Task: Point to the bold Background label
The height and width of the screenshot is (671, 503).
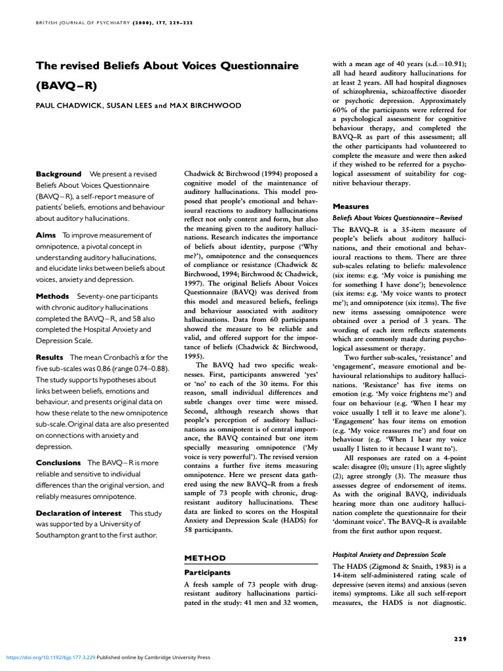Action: pyautogui.click(x=58, y=174)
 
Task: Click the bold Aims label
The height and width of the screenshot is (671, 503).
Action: pyautogui.click(x=47, y=235)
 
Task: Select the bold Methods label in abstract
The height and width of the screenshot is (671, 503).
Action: pyautogui.click(x=53, y=296)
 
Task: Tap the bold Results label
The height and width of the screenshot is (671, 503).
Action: pyautogui.click(x=50, y=357)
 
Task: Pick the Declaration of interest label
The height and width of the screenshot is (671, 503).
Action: pyautogui.click(x=79, y=513)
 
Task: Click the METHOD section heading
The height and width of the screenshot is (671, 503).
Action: pyautogui.click(x=204, y=558)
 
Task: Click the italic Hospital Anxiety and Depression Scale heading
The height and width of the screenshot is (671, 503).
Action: pyautogui.click(x=389, y=554)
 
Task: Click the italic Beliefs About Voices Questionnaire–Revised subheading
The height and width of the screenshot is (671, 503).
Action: pyautogui.click(x=397, y=218)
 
